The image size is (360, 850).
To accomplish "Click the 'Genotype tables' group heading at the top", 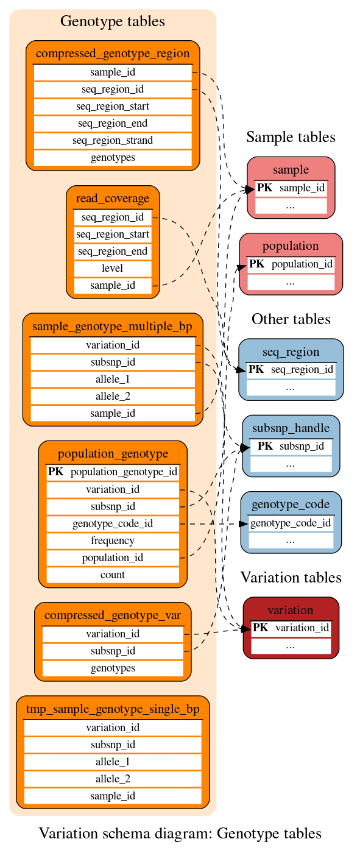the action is (113, 21).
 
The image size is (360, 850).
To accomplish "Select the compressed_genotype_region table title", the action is (113, 53).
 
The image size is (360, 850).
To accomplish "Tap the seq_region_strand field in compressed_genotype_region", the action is (113, 140).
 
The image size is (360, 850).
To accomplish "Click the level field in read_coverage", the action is (113, 268).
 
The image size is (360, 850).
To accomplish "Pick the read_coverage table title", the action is (113, 198).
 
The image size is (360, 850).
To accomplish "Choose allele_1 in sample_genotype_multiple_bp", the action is (113, 379).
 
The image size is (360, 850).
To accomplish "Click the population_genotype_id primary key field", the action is (113, 472).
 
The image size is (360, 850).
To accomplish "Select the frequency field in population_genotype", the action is (113, 540).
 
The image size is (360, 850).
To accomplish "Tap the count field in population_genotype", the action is (113, 575).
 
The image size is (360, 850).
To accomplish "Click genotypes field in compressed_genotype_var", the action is (113, 668).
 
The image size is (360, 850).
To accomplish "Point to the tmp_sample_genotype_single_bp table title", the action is (113, 709).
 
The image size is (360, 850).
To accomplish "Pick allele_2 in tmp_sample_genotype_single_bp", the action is (113, 779).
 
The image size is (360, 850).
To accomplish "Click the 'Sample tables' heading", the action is (291, 137).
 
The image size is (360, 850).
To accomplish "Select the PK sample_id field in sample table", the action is (291, 188).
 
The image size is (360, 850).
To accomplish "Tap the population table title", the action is (291, 246).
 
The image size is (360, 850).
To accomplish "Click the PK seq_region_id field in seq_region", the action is (291, 369).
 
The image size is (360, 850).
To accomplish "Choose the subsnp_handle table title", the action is (291, 428).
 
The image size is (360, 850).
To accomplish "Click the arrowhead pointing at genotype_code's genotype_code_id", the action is (244, 523).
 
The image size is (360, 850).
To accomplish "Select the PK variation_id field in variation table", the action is (291, 628).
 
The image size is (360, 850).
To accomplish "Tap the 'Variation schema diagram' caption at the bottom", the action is (180, 834).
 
